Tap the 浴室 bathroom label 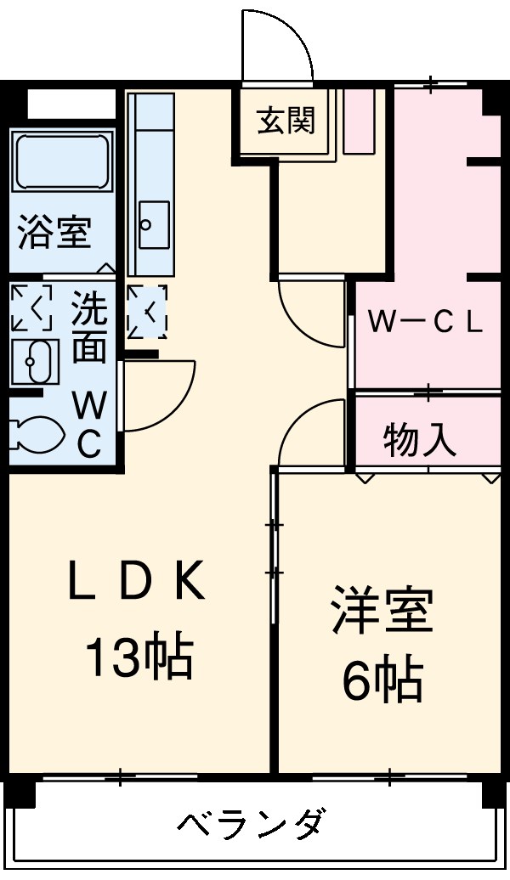pyautogui.click(x=55, y=233)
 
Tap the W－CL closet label pyautogui.click(x=424, y=322)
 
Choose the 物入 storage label pyautogui.click(x=419, y=440)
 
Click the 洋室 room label pyautogui.click(x=382, y=612)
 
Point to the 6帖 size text pyautogui.click(x=382, y=680)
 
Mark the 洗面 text pyautogui.click(x=88, y=328)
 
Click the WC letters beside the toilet pyautogui.click(x=89, y=424)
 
